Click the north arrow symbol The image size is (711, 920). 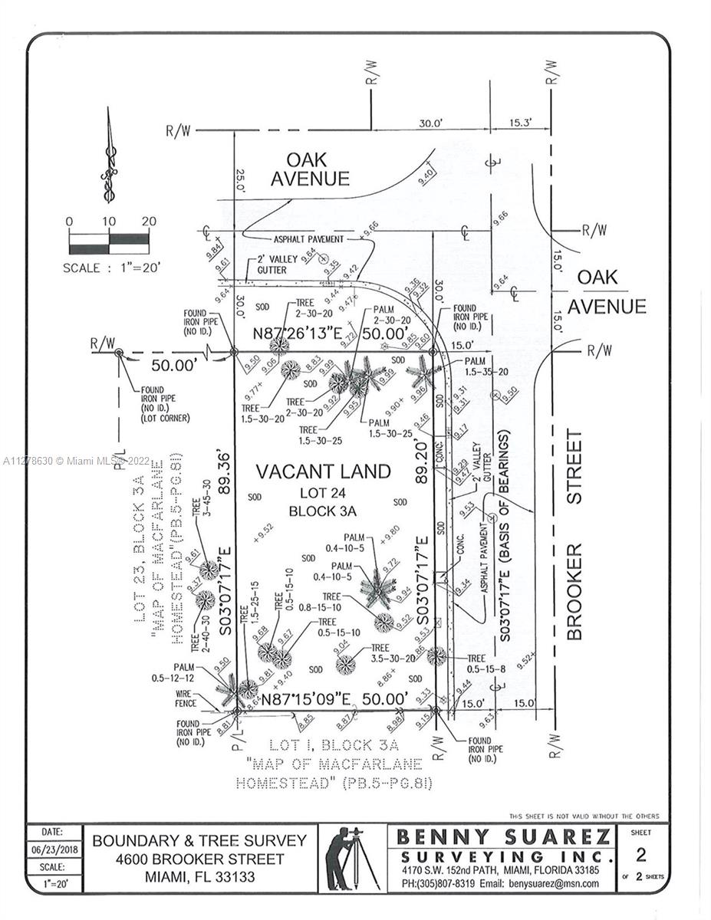(x=108, y=156)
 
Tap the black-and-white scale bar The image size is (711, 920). (x=108, y=244)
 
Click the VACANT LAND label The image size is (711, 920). (x=323, y=471)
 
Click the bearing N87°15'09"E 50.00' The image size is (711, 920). (x=333, y=699)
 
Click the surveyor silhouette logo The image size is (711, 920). (x=351, y=858)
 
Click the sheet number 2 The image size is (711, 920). (x=641, y=854)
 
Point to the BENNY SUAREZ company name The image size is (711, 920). (x=504, y=836)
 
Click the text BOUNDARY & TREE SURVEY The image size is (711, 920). (x=199, y=840)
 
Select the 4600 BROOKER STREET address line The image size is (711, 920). (x=199, y=859)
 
